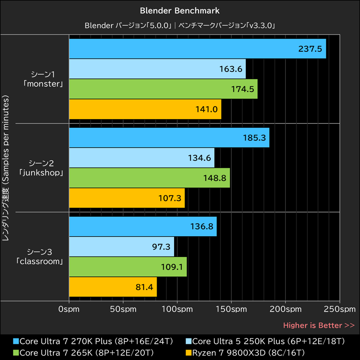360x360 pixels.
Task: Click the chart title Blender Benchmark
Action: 180,9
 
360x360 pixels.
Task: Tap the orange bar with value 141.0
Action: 145,109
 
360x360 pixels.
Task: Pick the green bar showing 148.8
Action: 149,178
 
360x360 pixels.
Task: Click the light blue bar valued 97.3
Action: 121,247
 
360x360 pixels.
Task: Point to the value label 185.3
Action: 252,138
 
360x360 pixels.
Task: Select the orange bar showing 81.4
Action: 112,287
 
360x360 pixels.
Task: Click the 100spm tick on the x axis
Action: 177,310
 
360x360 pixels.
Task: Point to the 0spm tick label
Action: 69,310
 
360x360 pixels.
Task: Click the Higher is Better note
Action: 319,325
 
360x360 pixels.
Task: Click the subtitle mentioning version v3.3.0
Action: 180,25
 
